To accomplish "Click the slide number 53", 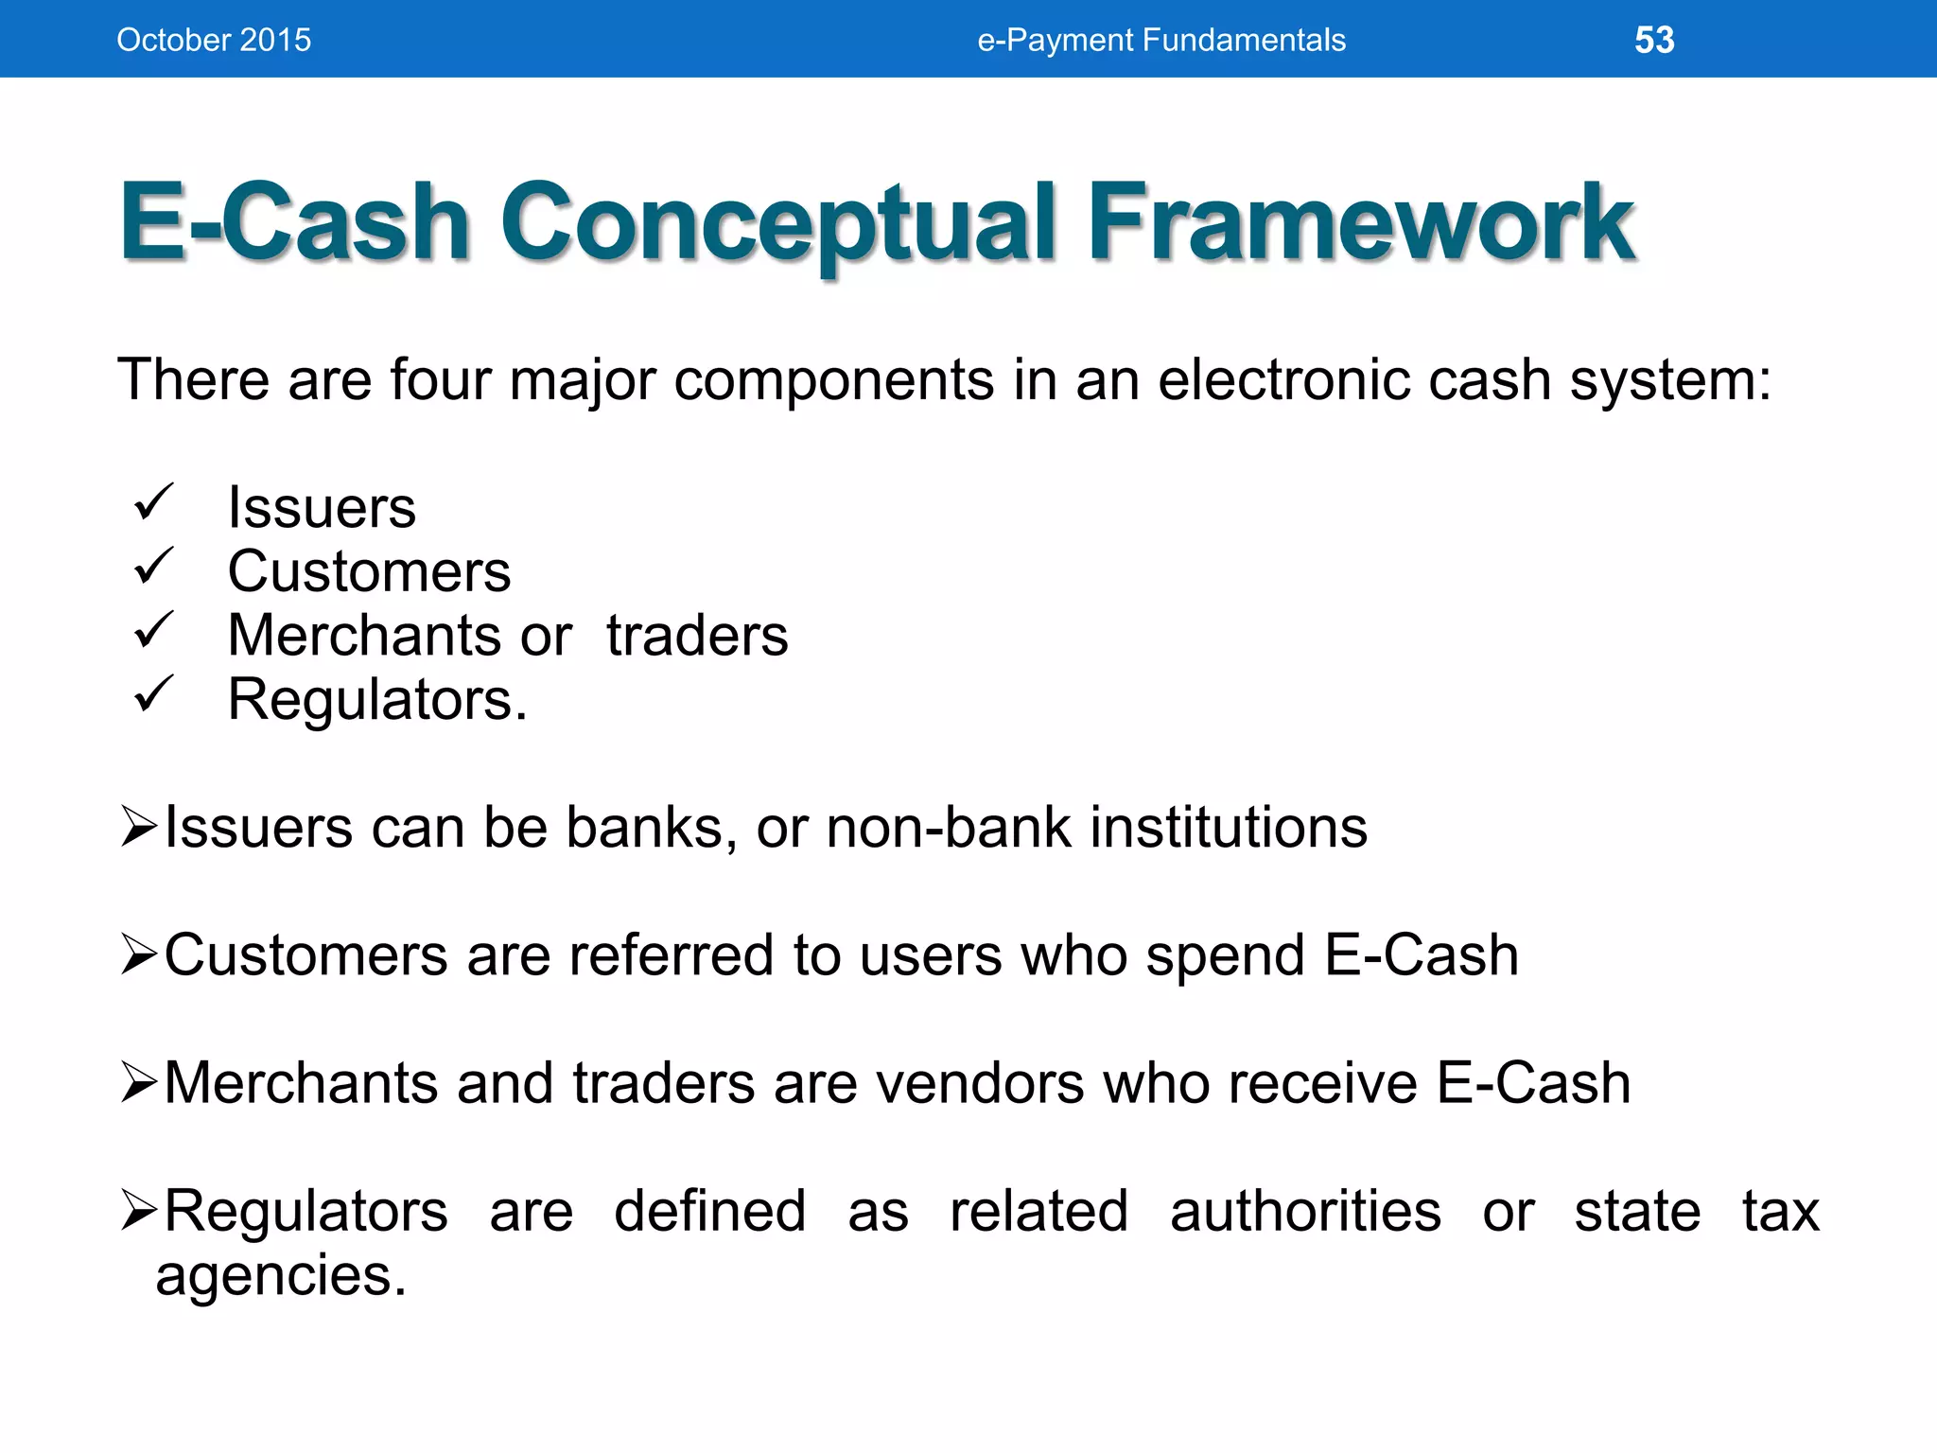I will [1654, 40].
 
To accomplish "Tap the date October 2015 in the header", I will [214, 40].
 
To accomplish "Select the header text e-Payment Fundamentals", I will [1160, 40].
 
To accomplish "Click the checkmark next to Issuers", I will [153, 502].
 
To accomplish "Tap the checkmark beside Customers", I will [153, 567].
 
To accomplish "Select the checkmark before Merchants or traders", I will [153, 630].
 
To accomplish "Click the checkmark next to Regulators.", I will [153, 694].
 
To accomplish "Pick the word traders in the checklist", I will [697, 636].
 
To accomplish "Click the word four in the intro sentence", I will [440, 380].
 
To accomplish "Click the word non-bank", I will [949, 828].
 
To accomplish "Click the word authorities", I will [1305, 1212].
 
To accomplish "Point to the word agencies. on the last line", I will [281, 1277].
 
